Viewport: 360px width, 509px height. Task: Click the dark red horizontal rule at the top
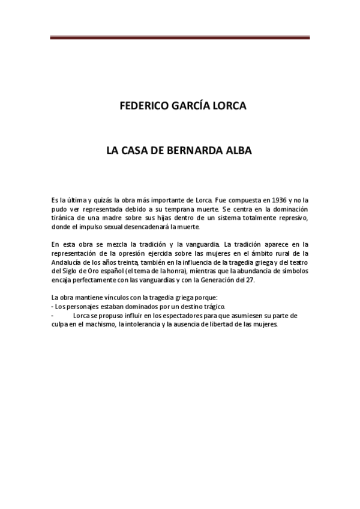(179, 38)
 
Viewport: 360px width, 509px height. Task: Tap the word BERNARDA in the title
(198, 152)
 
